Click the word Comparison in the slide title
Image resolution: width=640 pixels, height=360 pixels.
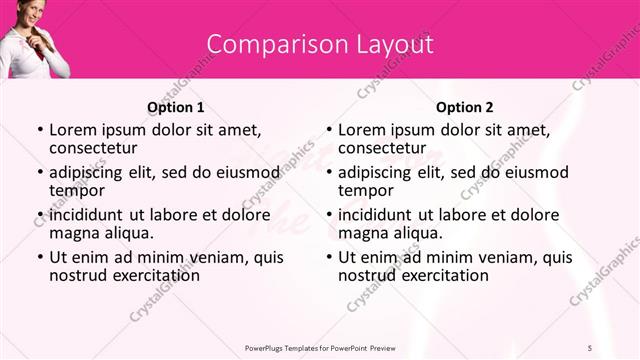pos(269,45)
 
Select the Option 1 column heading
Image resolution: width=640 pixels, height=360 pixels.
pos(176,107)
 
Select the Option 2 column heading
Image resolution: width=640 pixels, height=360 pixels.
pos(465,107)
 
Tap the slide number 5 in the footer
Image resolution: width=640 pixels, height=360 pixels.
pos(589,346)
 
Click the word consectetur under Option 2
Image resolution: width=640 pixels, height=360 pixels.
pos(385,148)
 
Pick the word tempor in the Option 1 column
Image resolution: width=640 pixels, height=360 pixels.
pos(76,191)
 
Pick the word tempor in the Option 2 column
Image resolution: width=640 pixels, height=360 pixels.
pos(365,191)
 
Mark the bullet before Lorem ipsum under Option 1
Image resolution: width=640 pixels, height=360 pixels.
pos(39,130)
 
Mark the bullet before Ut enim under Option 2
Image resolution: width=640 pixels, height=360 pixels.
pos(328,257)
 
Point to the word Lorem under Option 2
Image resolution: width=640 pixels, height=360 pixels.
pos(363,130)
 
